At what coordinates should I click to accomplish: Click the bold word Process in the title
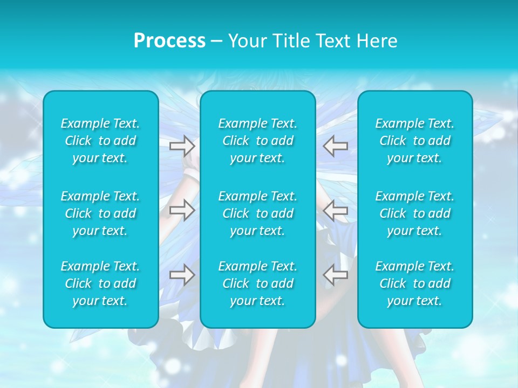pyautogui.click(x=169, y=41)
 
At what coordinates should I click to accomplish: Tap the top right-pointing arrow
pyautogui.click(x=182, y=145)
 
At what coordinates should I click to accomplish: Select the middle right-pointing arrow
pyautogui.click(x=182, y=210)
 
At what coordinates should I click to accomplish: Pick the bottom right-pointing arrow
pyautogui.click(x=182, y=275)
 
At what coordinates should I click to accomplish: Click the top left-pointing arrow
pyautogui.click(x=336, y=145)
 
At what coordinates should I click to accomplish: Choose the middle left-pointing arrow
pyautogui.click(x=336, y=210)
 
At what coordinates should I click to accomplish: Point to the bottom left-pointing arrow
pyautogui.click(x=336, y=275)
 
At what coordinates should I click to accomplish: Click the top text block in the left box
pyautogui.click(x=100, y=141)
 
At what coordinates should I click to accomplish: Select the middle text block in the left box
pyautogui.click(x=100, y=213)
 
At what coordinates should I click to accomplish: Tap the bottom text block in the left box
pyautogui.click(x=100, y=283)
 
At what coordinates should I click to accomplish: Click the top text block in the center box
pyautogui.click(x=258, y=141)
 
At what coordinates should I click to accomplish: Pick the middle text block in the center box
pyautogui.click(x=258, y=213)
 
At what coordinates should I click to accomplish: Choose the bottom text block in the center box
pyautogui.click(x=258, y=283)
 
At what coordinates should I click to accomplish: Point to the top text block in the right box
pyautogui.click(x=415, y=141)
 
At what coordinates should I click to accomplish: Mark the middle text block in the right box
pyautogui.click(x=415, y=213)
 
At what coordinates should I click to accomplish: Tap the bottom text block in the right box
pyautogui.click(x=415, y=283)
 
